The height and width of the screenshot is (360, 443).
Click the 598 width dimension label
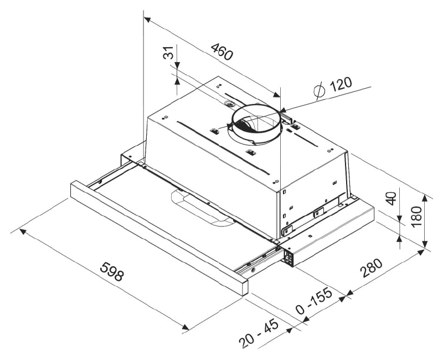tap(112, 271)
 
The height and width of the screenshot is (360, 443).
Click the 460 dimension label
tap(223, 52)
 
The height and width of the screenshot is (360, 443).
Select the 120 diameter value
tap(341, 84)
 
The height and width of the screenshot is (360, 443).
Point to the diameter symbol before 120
tap(320, 91)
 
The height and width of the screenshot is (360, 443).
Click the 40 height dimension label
tap(392, 198)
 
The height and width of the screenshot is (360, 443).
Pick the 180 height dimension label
tap(416, 217)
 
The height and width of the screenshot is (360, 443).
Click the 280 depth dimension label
tap(371, 268)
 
